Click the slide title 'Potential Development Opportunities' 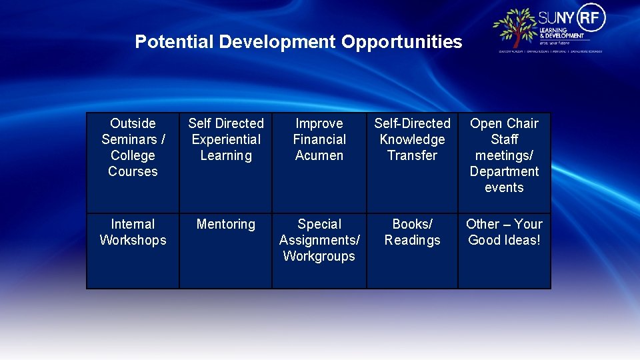(298, 42)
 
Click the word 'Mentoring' (226, 224)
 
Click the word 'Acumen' (319, 155)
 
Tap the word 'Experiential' (226, 139)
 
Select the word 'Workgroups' (319, 256)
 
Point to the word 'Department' (504, 171)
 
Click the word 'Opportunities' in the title (401, 42)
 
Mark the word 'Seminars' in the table (129, 139)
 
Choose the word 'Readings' (412, 240)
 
